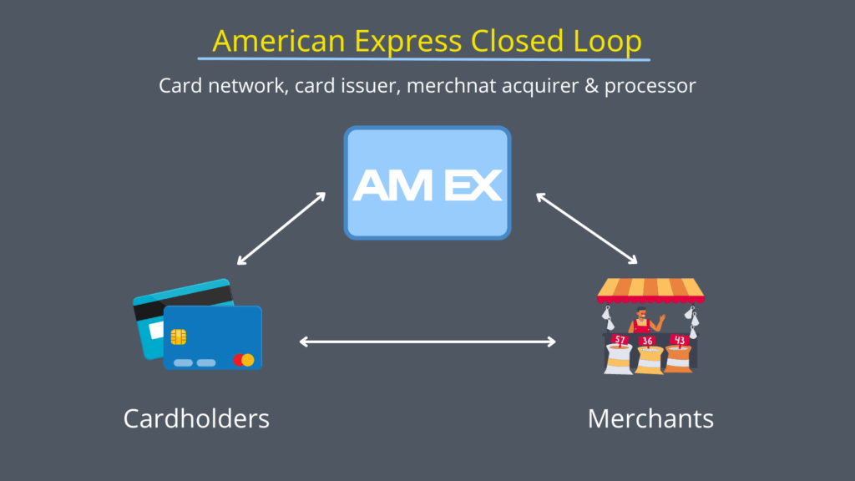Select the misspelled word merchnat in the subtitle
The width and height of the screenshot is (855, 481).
coord(449,86)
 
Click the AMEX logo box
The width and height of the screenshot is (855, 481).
coord(427,183)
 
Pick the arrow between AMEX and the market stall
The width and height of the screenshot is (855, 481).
coord(586,228)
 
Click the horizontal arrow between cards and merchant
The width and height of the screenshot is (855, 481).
coord(427,341)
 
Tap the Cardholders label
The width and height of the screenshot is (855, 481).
coord(196,418)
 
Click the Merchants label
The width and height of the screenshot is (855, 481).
coord(650,418)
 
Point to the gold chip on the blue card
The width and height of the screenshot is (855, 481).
coord(179,336)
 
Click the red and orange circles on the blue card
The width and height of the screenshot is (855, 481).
coord(243,360)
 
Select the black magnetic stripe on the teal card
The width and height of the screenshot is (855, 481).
coord(181,301)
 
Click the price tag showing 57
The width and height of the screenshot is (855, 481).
coord(620,340)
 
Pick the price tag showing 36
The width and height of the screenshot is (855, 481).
coord(647,342)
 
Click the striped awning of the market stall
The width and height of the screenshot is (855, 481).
coord(650,289)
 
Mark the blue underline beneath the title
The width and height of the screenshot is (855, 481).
coord(423,59)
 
